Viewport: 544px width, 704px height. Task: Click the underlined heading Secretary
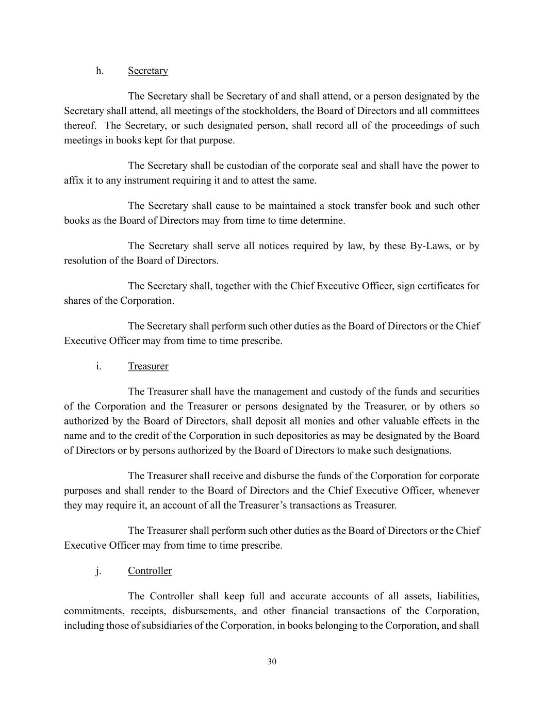click(x=148, y=71)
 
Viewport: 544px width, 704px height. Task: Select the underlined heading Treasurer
click(x=148, y=366)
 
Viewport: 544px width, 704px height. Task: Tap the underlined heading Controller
click(x=150, y=571)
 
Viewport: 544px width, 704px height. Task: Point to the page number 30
click(x=272, y=662)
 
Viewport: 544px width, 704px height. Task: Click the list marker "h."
click(x=100, y=71)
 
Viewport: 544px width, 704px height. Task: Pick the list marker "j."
click(x=98, y=571)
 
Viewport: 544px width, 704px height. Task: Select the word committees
click(x=455, y=111)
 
